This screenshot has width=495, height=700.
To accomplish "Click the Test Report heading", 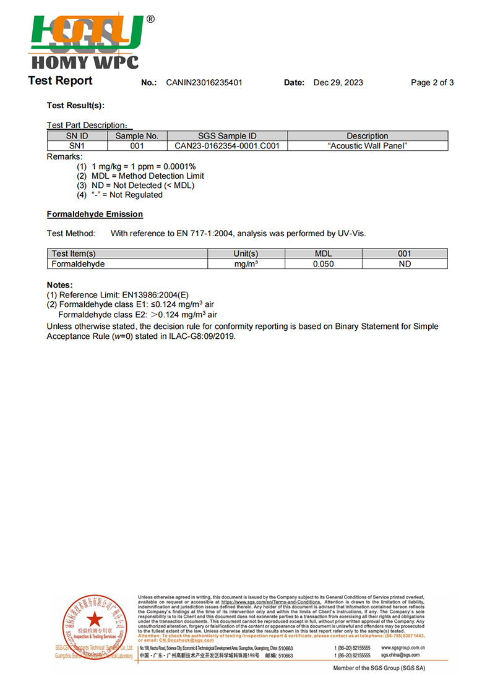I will click(60, 81).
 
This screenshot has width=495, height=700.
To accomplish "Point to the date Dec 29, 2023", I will click(338, 83).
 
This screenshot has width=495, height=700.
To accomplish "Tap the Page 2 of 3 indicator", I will click(432, 83).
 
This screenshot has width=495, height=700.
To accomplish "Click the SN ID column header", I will click(77, 136).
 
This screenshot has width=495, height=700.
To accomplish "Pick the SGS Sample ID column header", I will click(227, 136).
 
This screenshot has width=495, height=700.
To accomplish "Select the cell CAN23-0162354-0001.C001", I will click(227, 146).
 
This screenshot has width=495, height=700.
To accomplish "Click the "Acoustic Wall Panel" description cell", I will click(368, 146).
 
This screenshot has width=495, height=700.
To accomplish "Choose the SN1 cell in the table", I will click(77, 146).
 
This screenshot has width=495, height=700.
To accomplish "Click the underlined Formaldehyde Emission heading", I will click(95, 215).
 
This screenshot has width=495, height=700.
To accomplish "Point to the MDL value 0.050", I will click(323, 264).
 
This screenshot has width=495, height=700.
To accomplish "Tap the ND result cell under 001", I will click(405, 264).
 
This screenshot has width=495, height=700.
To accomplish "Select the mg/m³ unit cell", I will click(246, 264).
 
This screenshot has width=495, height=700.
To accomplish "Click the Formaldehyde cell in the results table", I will click(79, 264).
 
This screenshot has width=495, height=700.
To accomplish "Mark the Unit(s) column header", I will click(246, 254).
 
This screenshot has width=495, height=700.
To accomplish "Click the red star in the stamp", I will click(93, 618).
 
